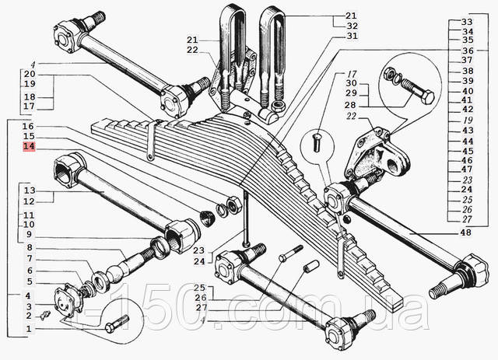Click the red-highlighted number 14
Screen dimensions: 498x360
[29, 147]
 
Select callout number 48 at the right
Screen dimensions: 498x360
[465, 232]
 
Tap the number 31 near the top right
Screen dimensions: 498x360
[352, 36]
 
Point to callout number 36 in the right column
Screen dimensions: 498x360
[468, 51]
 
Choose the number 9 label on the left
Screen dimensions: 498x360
[30, 235]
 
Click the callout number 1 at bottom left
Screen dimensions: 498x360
[29, 329]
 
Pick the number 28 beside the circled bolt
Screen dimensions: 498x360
[351, 105]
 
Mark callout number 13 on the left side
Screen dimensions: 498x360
[30, 190]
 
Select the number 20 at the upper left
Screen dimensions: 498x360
[30, 75]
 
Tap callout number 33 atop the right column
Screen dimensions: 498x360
[467, 22]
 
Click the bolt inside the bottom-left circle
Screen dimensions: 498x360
[117, 322]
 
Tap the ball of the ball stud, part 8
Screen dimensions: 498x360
[114, 274]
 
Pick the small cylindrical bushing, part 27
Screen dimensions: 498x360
[311, 265]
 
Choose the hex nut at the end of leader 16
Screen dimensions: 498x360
[233, 204]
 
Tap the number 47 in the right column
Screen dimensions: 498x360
[467, 170]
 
